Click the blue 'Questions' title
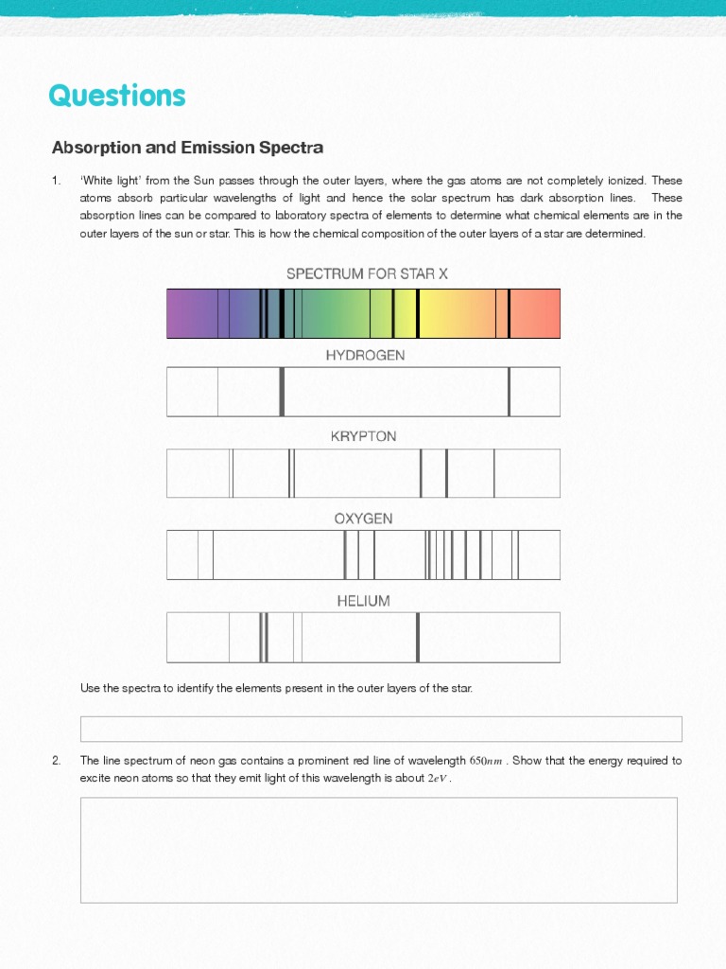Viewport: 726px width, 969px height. [x=117, y=96]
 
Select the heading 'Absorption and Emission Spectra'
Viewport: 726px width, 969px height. [x=187, y=148]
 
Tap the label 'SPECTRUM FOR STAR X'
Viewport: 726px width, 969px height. [x=367, y=273]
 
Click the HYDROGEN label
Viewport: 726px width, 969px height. [x=365, y=355]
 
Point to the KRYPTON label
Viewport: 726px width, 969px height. [x=363, y=436]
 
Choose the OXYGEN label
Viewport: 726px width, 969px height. [x=363, y=519]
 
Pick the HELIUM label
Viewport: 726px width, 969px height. [x=363, y=601]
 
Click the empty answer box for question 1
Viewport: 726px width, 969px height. [x=381, y=729]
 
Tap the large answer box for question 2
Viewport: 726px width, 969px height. [x=378, y=850]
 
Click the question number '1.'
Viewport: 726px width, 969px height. [x=57, y=181]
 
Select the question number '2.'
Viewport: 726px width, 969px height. [x=57, y=761]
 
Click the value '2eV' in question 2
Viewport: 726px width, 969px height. [x=438, y=779]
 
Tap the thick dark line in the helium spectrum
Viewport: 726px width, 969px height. [x=417, y=638]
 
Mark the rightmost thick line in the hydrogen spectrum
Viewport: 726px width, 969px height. [x=509, y=392]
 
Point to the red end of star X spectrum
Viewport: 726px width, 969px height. [x=539, y=313]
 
